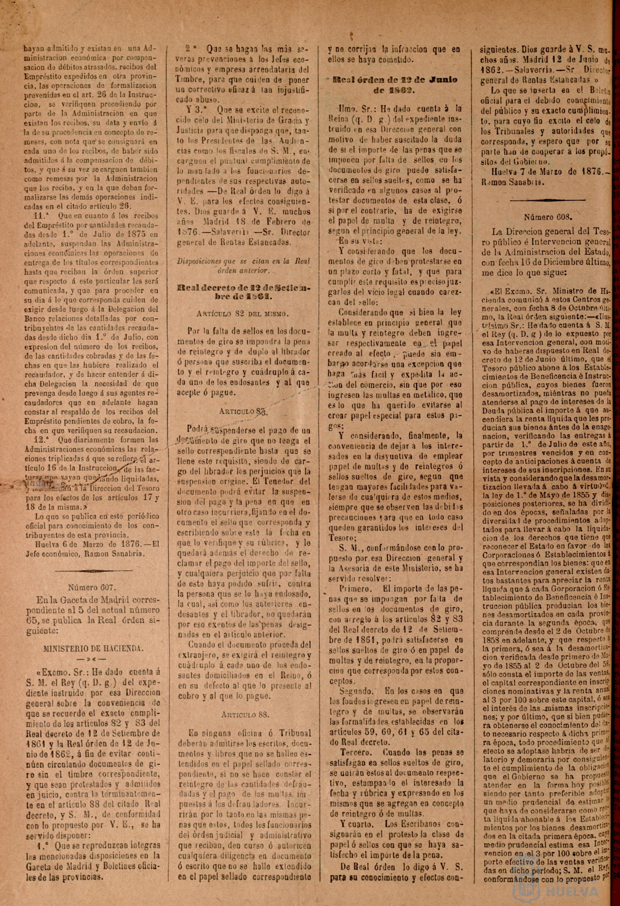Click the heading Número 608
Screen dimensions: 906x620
pyautogui.click(x=547, y=217)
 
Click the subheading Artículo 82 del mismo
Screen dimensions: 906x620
pyautogui.click(x=243, y=314)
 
